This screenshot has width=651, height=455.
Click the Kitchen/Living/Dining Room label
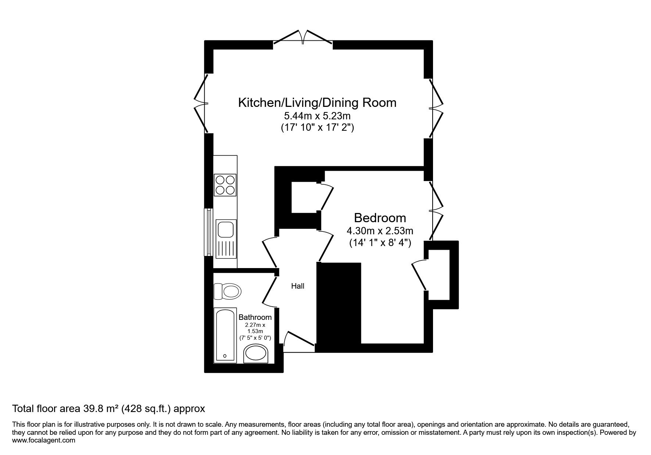317,102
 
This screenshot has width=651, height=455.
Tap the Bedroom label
380,218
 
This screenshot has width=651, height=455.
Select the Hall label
298,286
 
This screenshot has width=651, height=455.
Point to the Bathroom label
255,317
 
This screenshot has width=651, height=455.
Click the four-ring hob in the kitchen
225,185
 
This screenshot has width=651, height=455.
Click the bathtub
225,336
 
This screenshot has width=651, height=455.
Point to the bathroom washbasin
257,354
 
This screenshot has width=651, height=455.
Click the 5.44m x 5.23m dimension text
317,116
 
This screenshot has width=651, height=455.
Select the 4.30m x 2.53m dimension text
380,231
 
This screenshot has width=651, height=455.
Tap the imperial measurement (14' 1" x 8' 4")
380,243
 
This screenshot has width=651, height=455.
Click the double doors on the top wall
303,39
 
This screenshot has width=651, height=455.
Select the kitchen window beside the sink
209,232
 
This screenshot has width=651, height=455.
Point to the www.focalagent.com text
44,440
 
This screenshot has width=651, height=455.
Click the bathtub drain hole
225,356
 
